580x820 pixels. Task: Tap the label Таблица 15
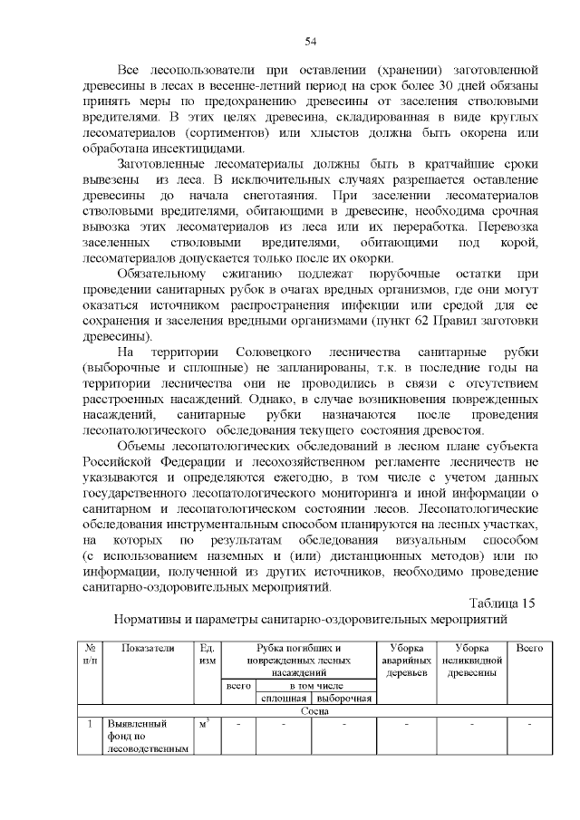[x=503, y=603]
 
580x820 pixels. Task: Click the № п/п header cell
[x=90, y=655]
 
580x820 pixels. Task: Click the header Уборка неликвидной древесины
[x=469, y=661]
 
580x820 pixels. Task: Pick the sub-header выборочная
[x=343, y=699]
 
